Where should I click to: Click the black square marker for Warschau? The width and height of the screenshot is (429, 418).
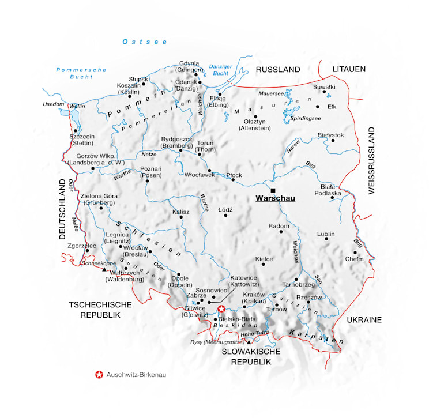point(273,190)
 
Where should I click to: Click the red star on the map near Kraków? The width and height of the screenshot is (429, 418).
point(221,310)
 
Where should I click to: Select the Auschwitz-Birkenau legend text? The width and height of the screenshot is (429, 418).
point(136,375)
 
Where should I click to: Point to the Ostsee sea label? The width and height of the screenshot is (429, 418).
point(145,42)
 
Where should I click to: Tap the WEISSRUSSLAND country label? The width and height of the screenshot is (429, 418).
point(371,160)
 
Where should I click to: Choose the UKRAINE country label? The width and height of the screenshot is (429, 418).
point(364,319)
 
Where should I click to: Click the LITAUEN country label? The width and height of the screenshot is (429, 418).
point(349,69)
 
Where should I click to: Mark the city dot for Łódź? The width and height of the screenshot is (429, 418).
point(226,216)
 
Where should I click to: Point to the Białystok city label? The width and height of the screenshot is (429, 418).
point(330,135)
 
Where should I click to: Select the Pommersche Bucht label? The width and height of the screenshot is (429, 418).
point(81,73)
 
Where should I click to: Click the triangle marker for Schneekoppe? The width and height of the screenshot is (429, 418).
point(104,269)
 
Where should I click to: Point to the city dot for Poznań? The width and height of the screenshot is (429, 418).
point(148,180)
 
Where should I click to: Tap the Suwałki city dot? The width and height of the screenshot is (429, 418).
point(324,92)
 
